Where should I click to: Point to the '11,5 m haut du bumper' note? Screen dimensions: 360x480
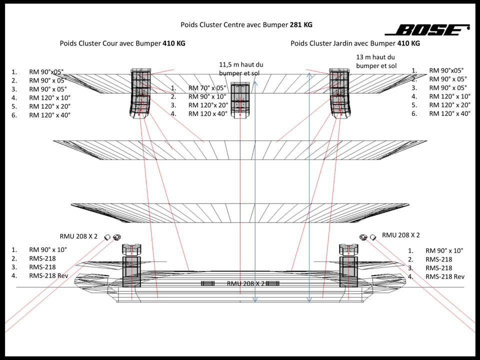click(241, 69)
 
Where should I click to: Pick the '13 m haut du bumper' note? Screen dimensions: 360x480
click(376, 61)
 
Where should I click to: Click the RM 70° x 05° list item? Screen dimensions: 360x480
click(207, 88)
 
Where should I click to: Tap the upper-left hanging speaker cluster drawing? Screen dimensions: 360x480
click(141, 93)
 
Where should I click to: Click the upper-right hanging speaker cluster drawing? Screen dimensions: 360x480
click(340, 93)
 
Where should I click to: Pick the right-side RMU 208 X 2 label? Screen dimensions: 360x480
click(400, 235)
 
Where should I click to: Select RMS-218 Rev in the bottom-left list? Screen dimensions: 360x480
click(48, 276)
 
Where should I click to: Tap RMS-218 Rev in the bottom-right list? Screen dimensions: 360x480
click(445, 276)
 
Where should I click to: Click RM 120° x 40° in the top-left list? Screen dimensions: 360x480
click(49, 115)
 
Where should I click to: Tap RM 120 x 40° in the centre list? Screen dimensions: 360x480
click(207, 114)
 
